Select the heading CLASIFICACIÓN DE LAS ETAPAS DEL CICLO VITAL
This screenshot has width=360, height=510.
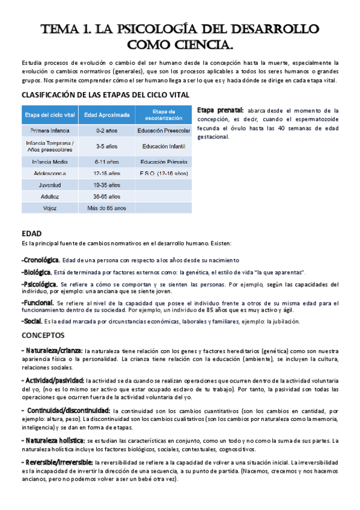click(106, 95)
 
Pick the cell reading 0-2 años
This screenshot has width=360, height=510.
click(106, 130)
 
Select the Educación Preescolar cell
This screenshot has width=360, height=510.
click(163, 130)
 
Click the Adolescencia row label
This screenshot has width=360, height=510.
click(50, 173)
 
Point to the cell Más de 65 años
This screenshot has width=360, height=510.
click(106, 207)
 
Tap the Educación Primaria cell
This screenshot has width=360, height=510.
click(163, 161)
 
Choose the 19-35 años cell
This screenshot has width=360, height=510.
click(106, 185)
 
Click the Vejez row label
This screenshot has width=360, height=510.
click(50, 207)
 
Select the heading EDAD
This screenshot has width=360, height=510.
click(31, 232)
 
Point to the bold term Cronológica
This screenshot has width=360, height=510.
click(40, 260)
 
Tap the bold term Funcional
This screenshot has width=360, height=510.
click(38, 303)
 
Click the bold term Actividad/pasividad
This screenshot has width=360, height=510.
click(53, 380)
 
